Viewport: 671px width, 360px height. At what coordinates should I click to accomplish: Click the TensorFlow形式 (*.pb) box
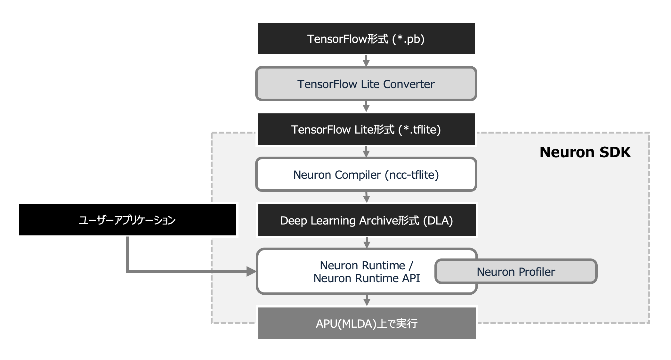(366, 38)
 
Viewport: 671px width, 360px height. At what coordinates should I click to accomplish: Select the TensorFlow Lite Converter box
(366, 84)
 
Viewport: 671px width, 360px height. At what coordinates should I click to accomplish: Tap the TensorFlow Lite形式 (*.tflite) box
(366, 129)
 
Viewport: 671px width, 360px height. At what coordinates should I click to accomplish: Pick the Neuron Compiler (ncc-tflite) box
(366, 175)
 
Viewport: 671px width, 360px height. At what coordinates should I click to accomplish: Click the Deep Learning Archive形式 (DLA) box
(367, 220)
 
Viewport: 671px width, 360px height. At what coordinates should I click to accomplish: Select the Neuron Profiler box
(516, 272)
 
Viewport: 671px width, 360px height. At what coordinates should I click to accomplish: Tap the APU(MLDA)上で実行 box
(367, 323)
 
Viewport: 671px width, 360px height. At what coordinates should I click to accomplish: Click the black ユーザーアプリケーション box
(127, 220)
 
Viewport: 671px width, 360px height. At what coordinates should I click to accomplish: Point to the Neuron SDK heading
(585, 152)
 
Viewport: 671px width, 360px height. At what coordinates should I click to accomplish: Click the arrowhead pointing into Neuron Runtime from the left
(251, 272)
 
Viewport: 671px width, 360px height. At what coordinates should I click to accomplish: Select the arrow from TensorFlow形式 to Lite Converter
(366, 61)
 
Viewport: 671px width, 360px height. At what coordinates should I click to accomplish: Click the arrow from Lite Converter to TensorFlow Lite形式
(366, 107)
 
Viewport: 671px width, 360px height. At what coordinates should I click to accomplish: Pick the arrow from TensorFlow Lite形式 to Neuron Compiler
(366, 151)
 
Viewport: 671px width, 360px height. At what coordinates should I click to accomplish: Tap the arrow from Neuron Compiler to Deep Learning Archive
(367, 197)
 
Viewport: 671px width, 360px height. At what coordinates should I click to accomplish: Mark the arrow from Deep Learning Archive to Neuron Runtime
(367, 242)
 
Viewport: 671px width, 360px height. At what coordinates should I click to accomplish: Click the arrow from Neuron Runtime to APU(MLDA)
(367, 300)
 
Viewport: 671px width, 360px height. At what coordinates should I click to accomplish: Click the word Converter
(409, 84)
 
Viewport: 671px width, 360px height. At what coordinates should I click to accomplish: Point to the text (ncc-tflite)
(412, 175)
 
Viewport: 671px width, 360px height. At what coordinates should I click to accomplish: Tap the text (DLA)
(438, 221)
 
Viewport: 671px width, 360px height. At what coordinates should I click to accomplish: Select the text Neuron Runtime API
(367, 278)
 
